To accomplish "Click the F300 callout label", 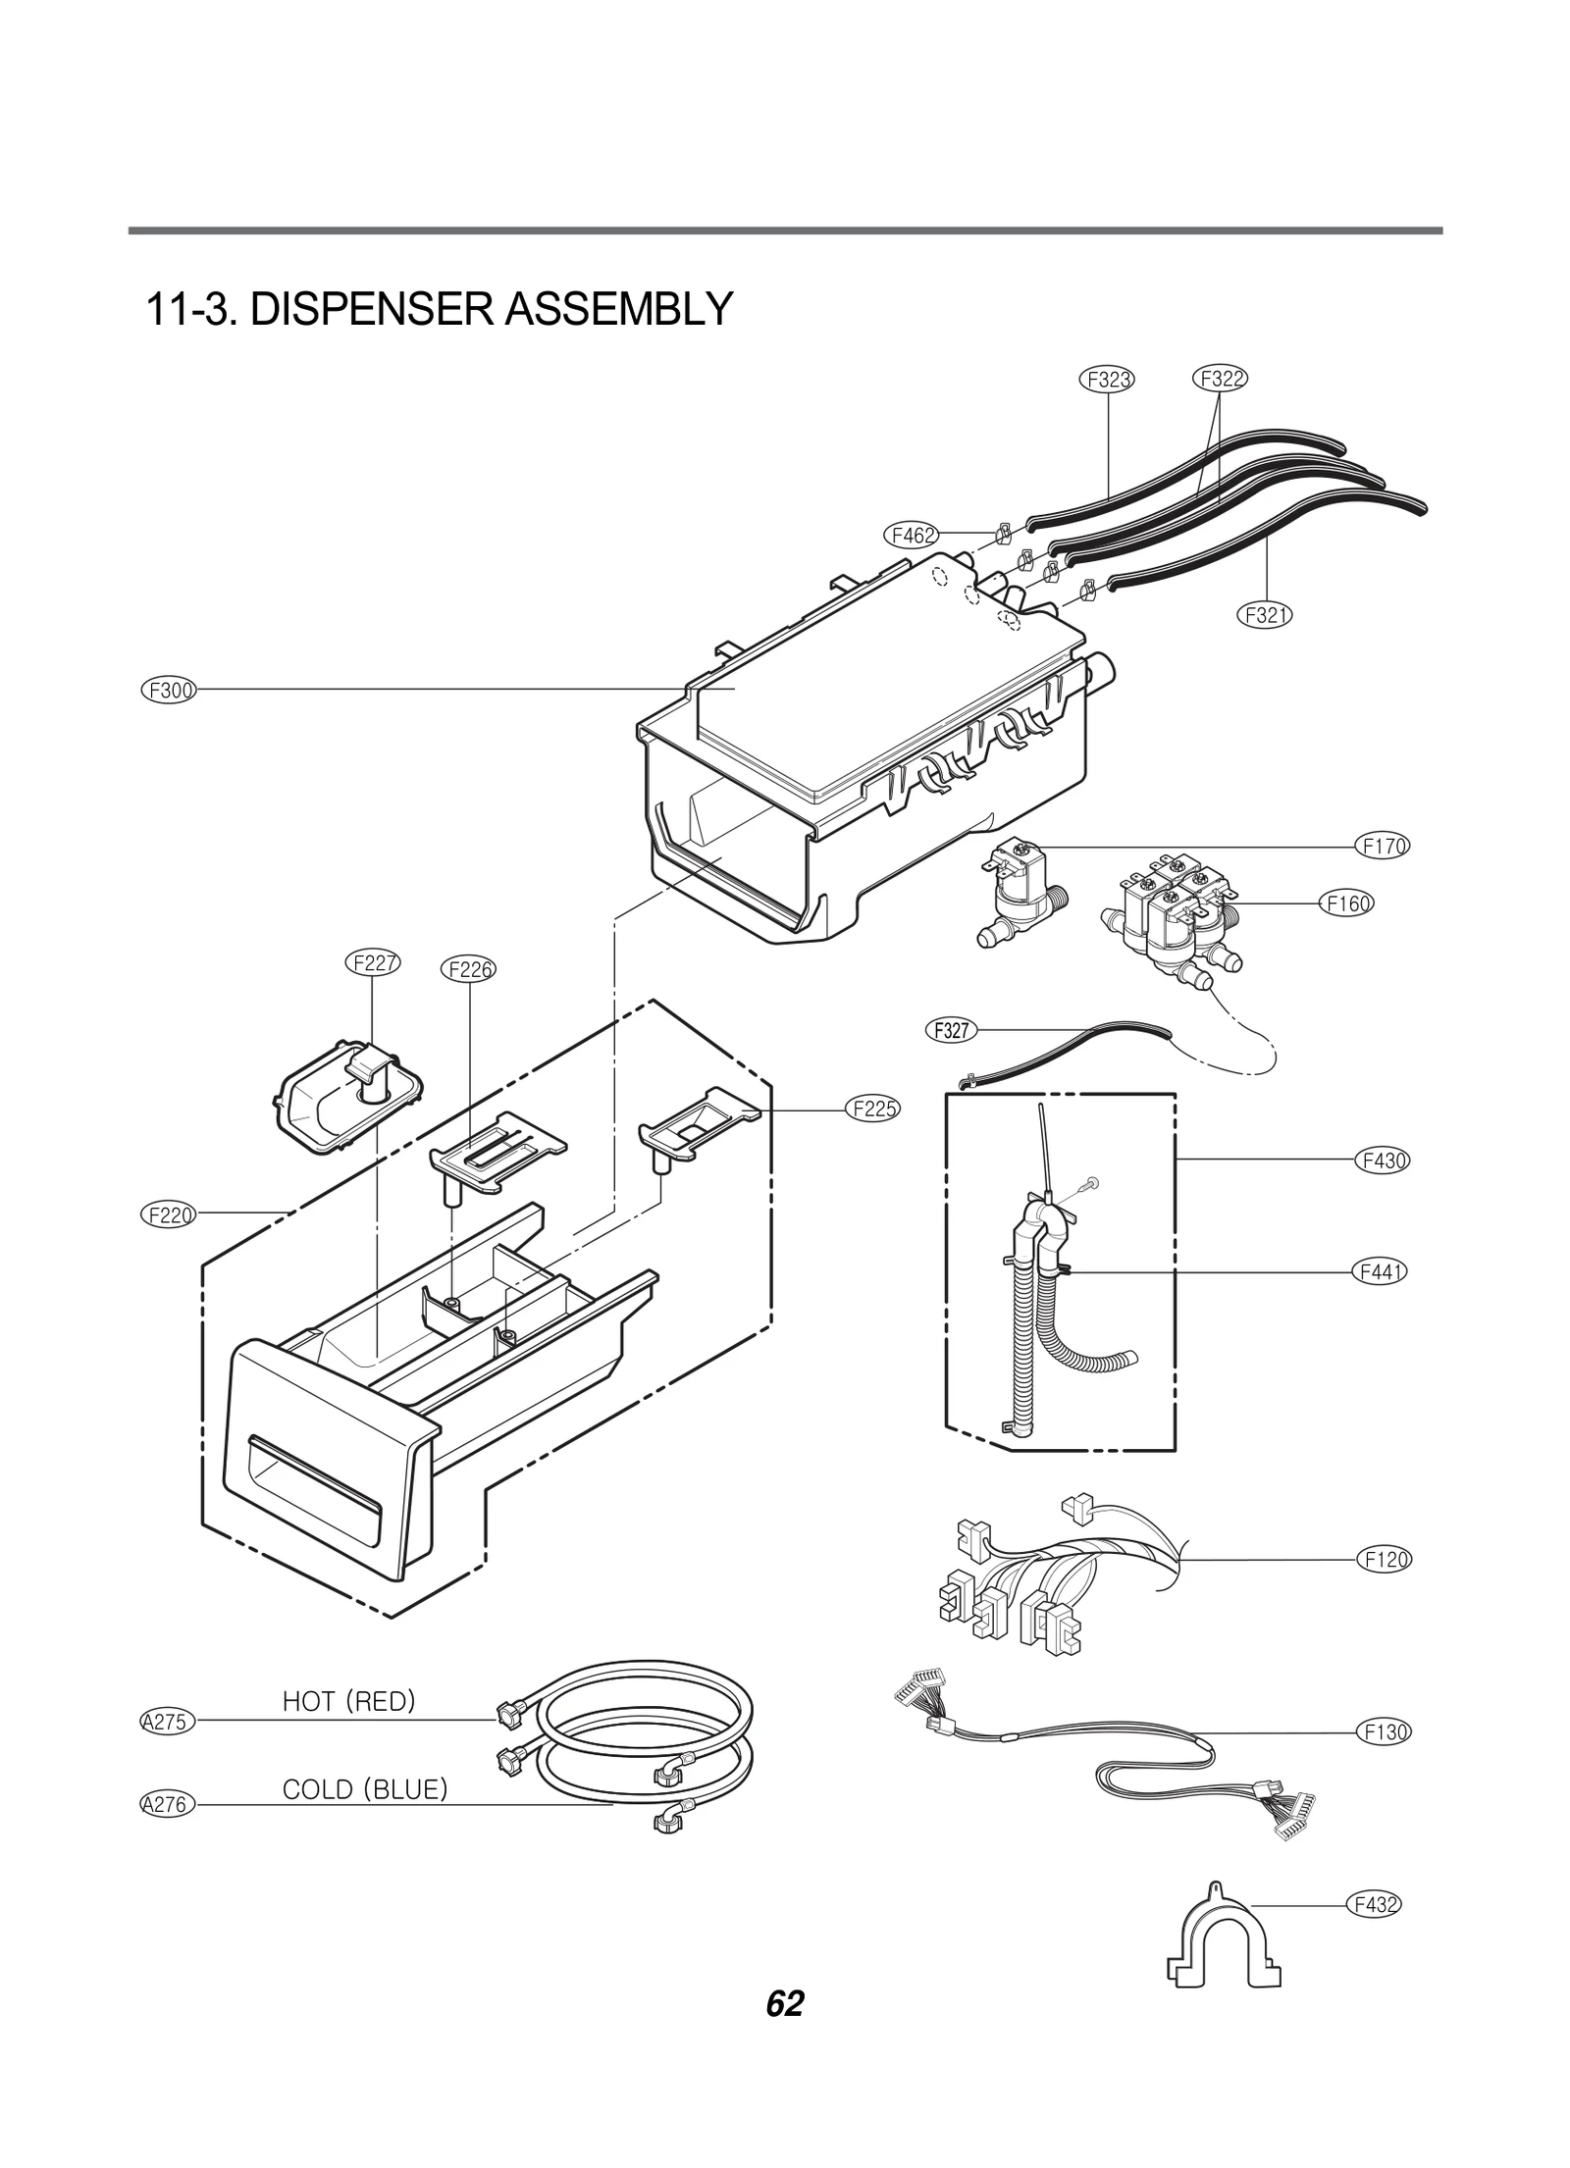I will (x=169, y=690).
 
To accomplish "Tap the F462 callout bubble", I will (x=912, y=535).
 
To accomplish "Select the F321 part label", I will (x=1265, y=615).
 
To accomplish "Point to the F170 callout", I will (x=1385, y=846).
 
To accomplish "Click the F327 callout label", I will (x=951, y=1030).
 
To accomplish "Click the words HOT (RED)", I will (x=348, y=1702).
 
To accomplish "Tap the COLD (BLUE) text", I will (x=365, y=1790).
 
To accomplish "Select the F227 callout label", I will (x=375, y=962).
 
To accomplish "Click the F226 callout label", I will (x=469, y=969).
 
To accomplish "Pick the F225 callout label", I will (x=872, y=1110).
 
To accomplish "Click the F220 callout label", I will (x=169, y=1214).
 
